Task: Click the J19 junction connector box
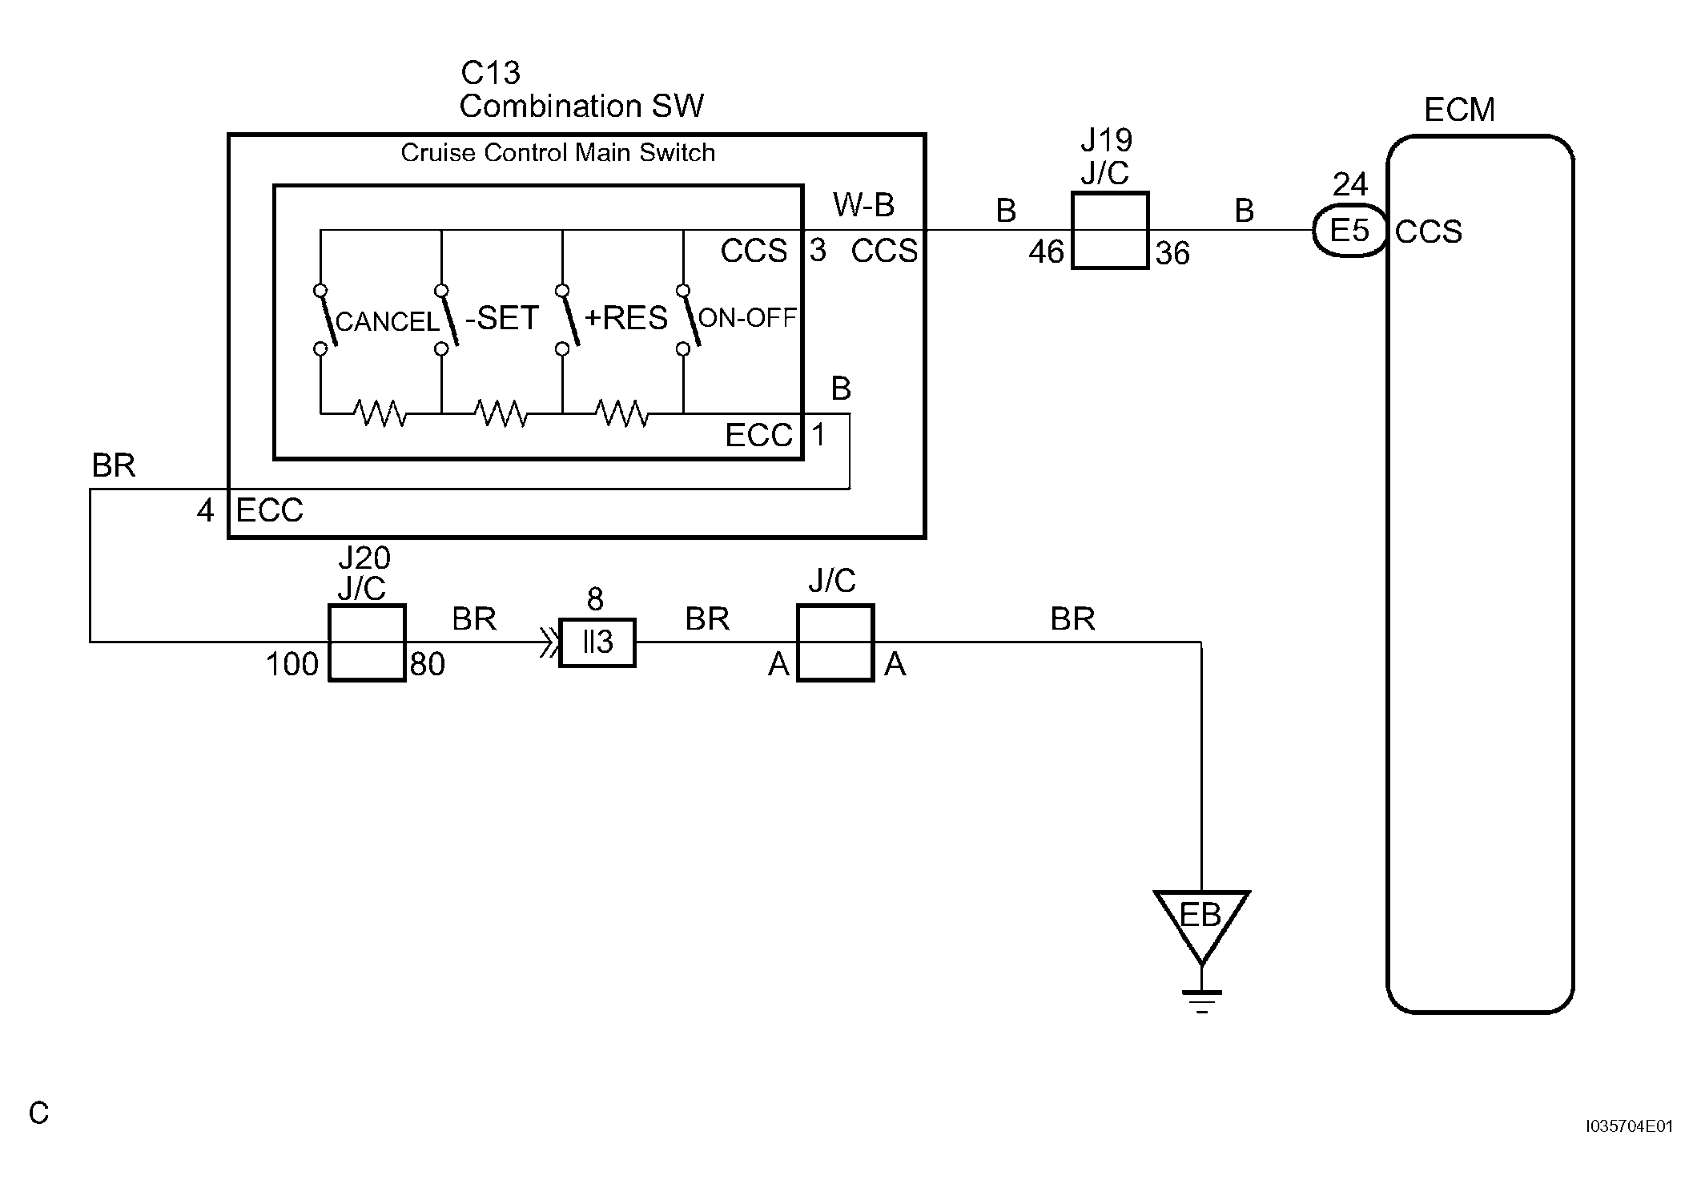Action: pyautogui.click(x=1110, y=231)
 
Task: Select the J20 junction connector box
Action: pyautogui.click(x=368, y=642)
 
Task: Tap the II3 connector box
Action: pyautogui.click(x=597, y=642)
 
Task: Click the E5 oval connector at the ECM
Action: pyautogui.click(x=1350, y=232)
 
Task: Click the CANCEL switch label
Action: pyautogui.click(x=388, y=322)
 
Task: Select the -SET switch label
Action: pyautogui.click(x=502, y=319)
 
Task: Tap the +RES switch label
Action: pyautogui.click(x=625, y=319)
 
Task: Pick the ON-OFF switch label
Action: pyautogui.click(x=748, y=318)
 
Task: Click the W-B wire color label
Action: pyautogui.click(x=864, y=205)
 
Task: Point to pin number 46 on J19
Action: pyautogui.click(x=1047, y=252)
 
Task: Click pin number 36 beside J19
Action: pyautogui.click(x=1173, y=254)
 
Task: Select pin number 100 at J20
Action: pyautogui.click(x=292, y=664)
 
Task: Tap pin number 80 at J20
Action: pyautogui.click(x=428, y=664)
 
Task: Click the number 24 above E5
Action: pyautogui.click(x=1350, y=185)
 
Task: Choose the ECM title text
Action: pyautogui.click(x=1460, y=111)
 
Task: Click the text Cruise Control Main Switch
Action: pyautogui.click(x=558, y=153)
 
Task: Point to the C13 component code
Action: pyautogui.click(x=491, y=73)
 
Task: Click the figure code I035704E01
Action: pyautogui.click(x=1631, y=1126)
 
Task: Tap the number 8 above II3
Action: pyautogui.click(x=595, y=599)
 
